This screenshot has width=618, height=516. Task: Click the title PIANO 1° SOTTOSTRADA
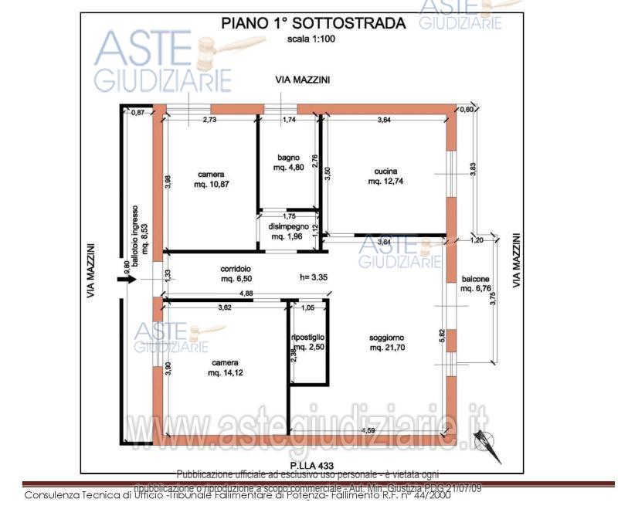tap(313, 23)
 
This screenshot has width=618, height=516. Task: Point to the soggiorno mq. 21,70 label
tap(386, 343)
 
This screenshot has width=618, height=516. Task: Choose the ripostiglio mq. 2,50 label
tap(307, 342)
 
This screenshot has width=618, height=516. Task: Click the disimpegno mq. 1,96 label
tap(289, 231)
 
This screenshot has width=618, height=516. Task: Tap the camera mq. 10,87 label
tap(211, 179)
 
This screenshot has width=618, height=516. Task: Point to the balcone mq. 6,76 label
tap(476, 283)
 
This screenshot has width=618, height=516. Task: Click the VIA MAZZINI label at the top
tap(303, 80)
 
